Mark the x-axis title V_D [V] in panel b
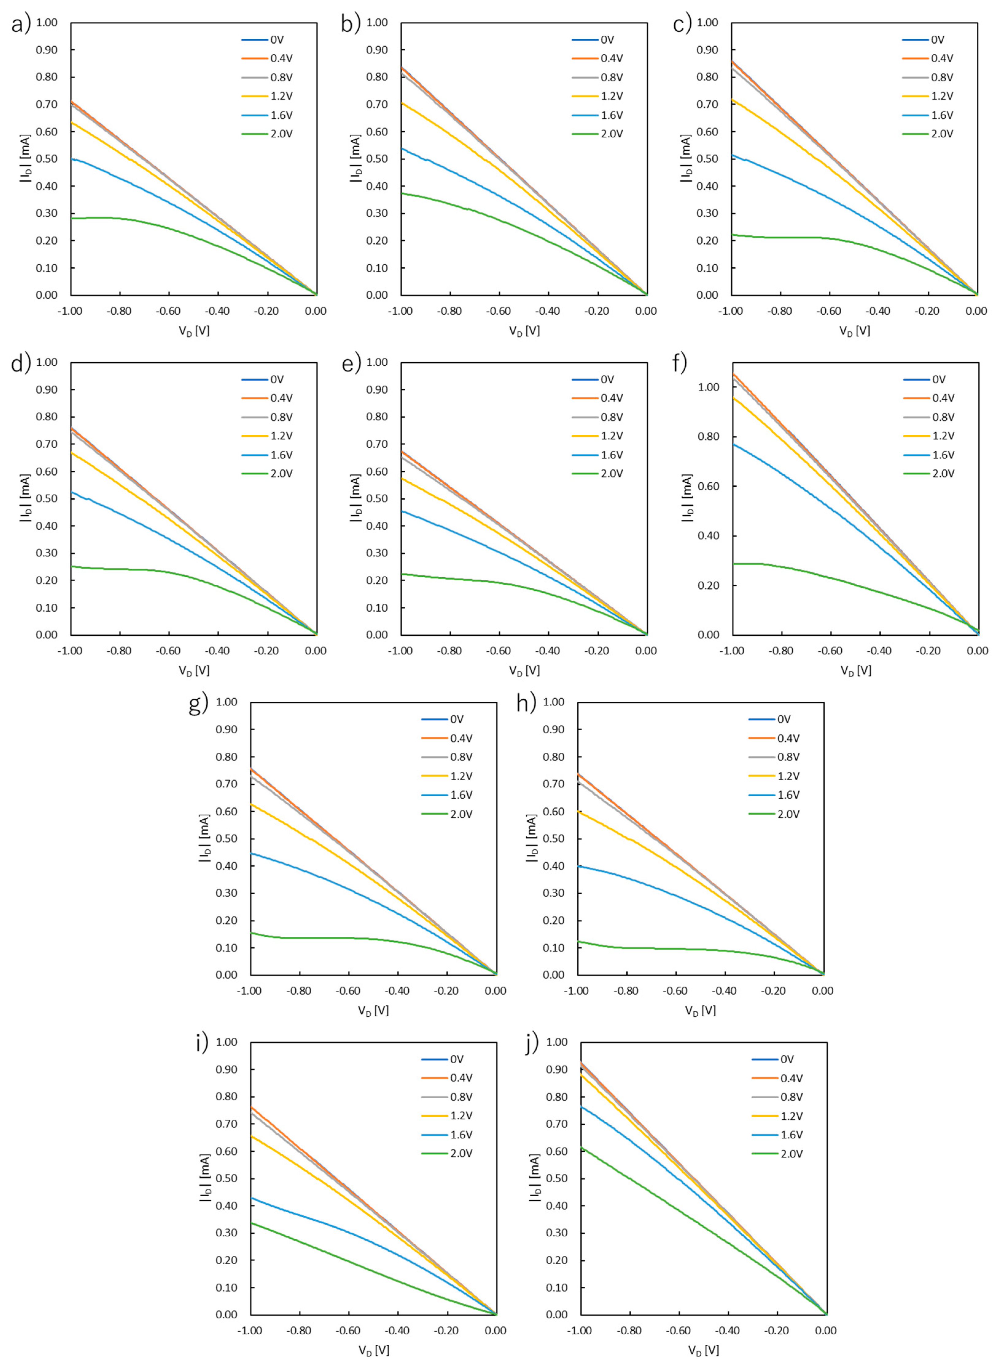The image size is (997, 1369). (524, 331)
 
